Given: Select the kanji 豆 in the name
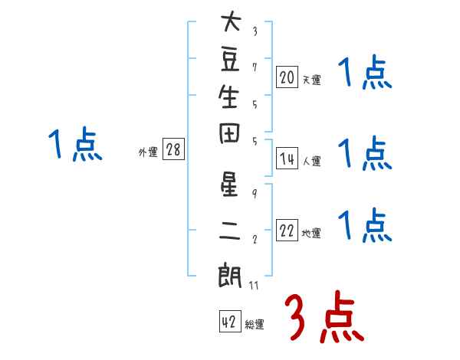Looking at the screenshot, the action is (x=229, y=61).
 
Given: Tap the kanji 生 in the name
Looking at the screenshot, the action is (x=229, y=98).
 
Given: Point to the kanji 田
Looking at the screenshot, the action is (x=229, y=137).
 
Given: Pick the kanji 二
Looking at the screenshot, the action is (x=229, y=230).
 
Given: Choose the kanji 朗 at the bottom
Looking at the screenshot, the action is (x=229, y=273).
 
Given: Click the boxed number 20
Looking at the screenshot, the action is (x=287, y=77).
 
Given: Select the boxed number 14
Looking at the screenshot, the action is (x=287, y=159).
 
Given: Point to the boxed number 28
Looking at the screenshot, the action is (x=173, y=150).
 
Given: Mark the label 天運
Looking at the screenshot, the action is (x=311, y=79).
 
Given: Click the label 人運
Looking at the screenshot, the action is (x=311, y=162).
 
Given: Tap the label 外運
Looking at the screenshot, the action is (x=148, y=152).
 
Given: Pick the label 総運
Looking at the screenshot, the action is (x=255, y=325).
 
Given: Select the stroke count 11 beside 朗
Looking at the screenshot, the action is (x=255, y=285).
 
